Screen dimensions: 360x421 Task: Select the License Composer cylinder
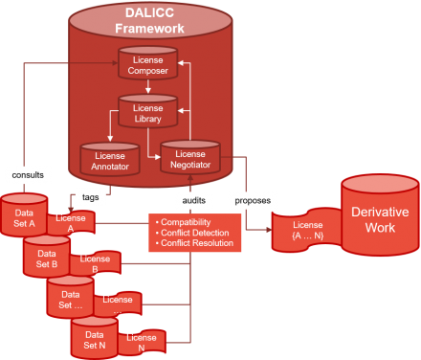tap(148, 66)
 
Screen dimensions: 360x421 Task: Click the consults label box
tap(27, 176)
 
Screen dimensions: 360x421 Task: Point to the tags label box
tap(89, 198)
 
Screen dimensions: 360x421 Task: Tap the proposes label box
tap(252, 200)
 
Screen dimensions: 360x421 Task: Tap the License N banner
tap(142, 343)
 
